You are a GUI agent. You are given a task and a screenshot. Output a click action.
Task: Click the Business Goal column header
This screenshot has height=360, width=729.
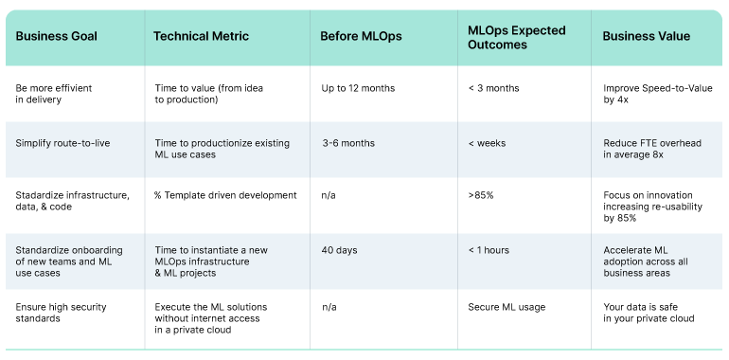[x=57, y=37]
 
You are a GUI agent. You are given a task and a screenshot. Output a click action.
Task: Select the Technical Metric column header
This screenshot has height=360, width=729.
[x=201, y=37]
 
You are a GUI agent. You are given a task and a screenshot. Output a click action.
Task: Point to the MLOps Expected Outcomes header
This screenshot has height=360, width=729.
[x=516, y=37]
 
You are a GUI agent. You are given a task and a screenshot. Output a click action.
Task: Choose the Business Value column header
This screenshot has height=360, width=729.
[x=647, y=37]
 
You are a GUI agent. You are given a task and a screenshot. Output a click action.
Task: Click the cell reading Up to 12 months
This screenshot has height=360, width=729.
[x=358, y=88]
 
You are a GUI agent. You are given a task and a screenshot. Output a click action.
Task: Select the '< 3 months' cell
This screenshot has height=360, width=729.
[x=493, y=88]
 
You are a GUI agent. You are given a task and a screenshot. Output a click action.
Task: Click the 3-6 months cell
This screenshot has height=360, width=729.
[x=348, y=143]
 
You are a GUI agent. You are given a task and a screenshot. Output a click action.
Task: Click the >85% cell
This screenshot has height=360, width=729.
[x=482, y=196]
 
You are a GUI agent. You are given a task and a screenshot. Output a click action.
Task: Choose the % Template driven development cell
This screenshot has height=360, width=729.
[x=225, y=196]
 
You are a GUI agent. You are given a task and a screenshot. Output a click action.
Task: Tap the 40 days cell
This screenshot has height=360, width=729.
[x=339, y=250]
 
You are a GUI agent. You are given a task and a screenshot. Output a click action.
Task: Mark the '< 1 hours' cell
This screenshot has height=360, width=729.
[x=489, y=250]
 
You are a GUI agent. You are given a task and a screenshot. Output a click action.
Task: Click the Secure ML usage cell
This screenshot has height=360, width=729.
[x=506, y=306]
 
